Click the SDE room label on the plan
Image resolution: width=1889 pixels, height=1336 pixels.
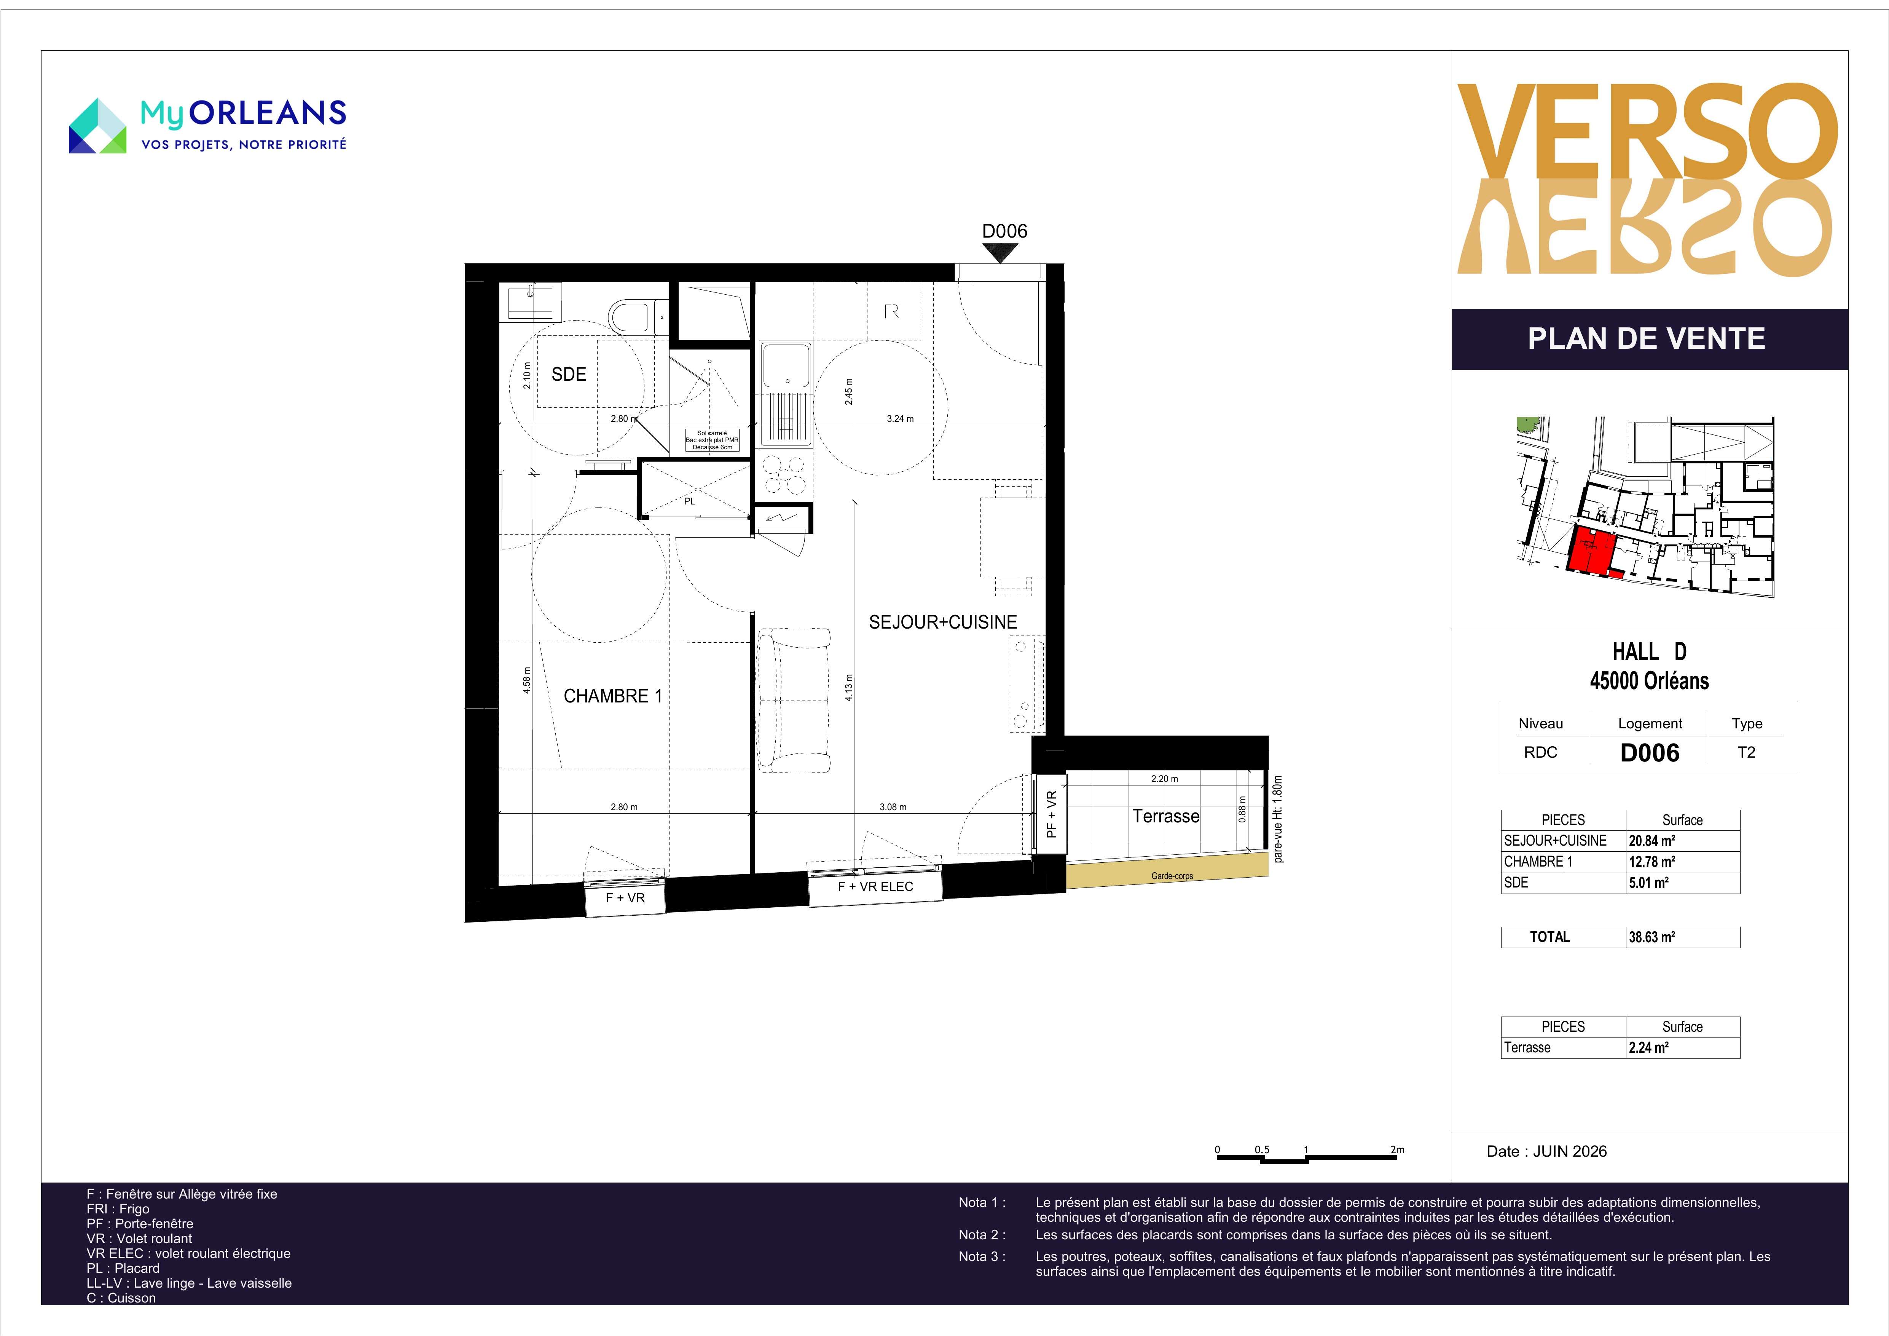click(569, 375)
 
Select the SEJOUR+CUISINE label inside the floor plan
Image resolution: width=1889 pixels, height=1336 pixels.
click(943, 623)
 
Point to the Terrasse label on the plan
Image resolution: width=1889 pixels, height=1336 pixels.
click(1166, 816)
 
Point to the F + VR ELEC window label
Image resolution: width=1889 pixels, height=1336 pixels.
click(875, 887)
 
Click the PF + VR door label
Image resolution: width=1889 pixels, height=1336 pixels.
click(1051, 814)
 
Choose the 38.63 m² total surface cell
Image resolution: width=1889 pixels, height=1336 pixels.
click(1682, 937)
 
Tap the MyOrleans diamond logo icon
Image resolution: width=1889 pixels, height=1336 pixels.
click(97, 126)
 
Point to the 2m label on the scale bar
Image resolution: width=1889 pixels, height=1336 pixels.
click(1397, 1150)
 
